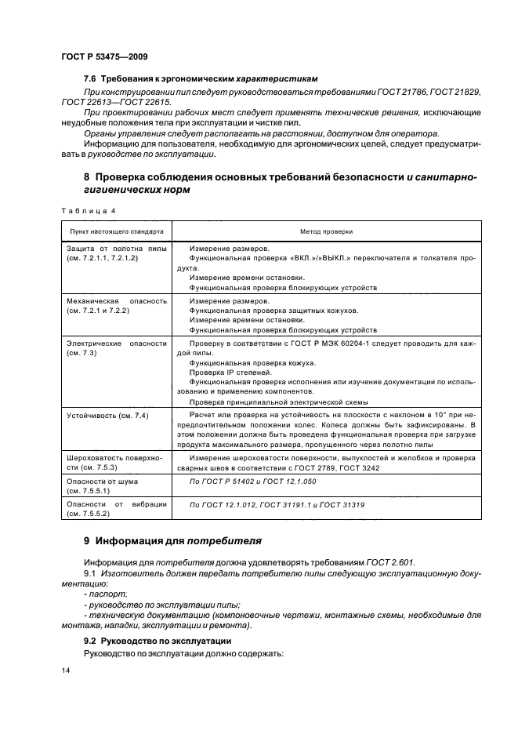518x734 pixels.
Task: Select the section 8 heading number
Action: coord(87,177)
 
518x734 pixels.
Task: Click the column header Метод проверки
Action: coord(326,232)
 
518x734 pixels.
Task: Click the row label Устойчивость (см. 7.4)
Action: coord(107,414)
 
